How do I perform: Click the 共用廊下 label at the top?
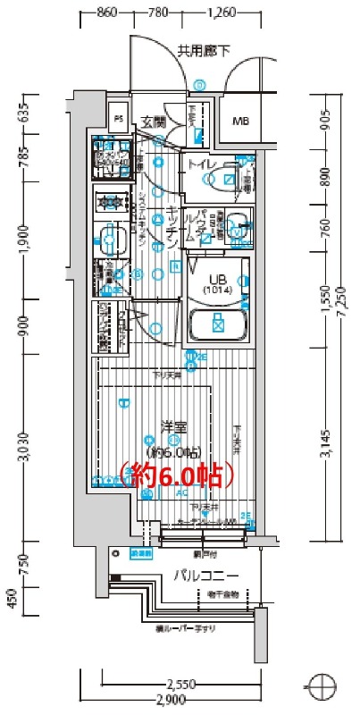click(203, 51)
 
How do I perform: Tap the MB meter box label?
click(241, 122)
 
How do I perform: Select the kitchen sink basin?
click(112, 240)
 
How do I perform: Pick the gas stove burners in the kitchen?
click(111, 202)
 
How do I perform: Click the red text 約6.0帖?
click(176, 475)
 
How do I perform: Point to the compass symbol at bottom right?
click(319, 687)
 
